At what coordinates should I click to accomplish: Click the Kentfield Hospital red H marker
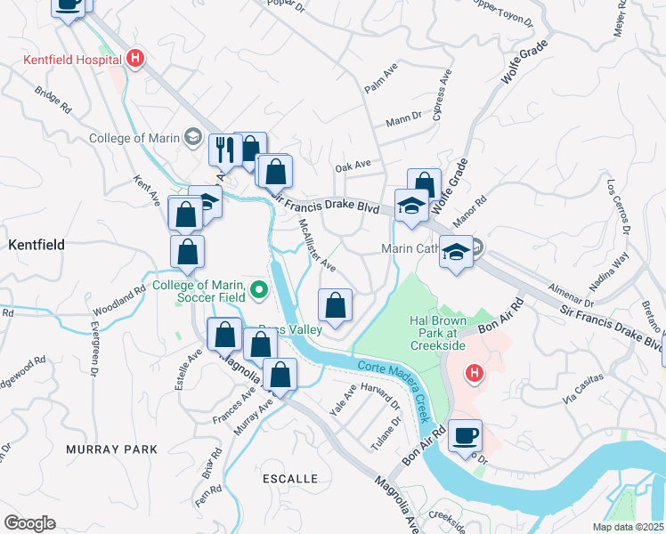[x=134, y=60]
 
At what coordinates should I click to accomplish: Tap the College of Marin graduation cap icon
[x=192, y=137]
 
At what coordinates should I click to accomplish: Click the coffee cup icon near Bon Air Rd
[x=466, y=436]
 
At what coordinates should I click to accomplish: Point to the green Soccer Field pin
[x=259, y=289]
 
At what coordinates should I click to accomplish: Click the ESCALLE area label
[x=290, y=479]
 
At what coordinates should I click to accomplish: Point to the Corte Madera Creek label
[x=391, y=380]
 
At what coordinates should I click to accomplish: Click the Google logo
[x=29, y=522]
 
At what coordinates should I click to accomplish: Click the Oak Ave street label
[x=352, y=166]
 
